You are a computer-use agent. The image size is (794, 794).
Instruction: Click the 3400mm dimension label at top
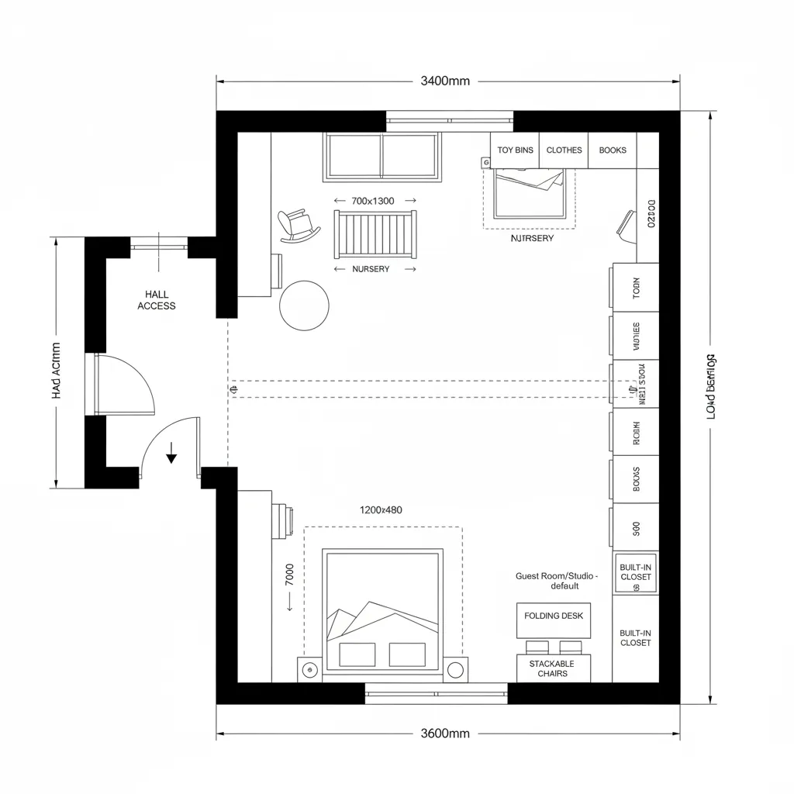click(445, 81)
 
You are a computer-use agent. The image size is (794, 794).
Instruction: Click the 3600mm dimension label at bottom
click(445, 733)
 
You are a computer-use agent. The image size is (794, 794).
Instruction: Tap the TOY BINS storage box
click(515, 150)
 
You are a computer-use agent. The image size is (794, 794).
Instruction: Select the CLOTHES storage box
click(564, 150)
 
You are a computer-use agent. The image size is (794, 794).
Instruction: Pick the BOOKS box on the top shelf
click(613, 150)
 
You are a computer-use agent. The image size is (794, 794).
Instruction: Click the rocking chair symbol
click(298, 226)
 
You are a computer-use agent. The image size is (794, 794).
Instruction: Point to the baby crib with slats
click(375, 233)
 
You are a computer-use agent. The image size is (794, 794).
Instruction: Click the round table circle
click(304, 306)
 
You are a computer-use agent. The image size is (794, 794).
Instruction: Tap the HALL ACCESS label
click(157, 300)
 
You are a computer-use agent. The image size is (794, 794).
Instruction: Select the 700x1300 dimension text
click(373, 201)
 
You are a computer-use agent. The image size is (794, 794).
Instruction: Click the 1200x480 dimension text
click(381, 510)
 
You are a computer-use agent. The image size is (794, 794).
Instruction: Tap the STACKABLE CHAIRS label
click(552, 668)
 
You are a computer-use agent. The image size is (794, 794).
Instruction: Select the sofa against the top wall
click(381, 156)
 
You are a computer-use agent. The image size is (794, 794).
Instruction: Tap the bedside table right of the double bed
click(456, 668)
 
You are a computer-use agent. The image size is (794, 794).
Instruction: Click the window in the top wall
click(450, 119)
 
